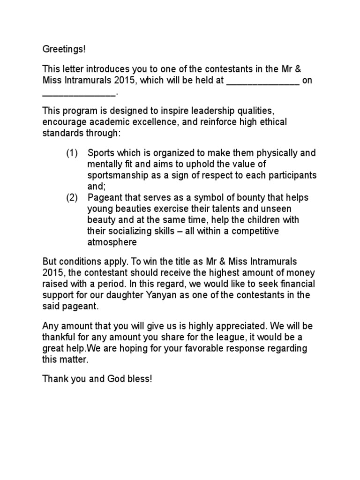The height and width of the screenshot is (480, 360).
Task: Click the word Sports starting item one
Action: click(x=101, y=153)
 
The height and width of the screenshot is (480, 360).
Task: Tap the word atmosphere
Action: click(x=112, y=242)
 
